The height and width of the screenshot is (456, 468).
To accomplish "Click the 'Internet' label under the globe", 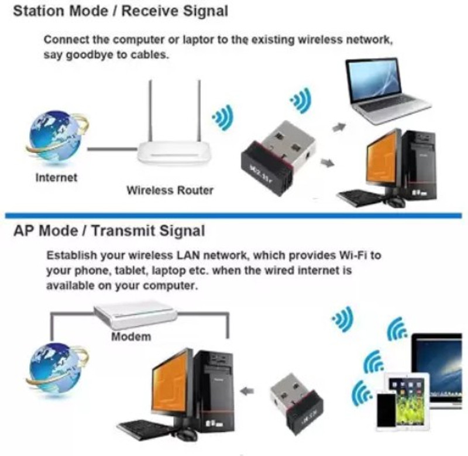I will (56, 177).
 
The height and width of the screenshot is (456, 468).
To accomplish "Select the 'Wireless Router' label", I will (170, 190).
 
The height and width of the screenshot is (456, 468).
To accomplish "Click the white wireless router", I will (176, 152).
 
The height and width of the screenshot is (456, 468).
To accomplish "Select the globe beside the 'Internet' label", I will (55, 137).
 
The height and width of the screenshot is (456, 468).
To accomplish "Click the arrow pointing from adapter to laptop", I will (338, 126).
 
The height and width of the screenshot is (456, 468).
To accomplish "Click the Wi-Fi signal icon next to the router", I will (222, 117).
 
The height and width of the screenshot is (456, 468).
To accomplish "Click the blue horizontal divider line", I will (234, 215).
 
